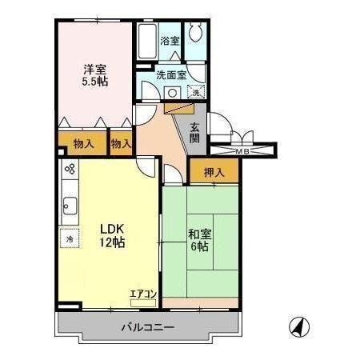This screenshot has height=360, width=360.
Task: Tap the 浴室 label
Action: point(170,41)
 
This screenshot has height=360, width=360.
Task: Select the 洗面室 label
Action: point(171,75)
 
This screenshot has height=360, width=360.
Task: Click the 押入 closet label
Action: point(213,171)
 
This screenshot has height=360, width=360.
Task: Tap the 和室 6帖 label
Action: point(199,240)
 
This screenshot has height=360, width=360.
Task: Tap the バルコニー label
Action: point(148,326)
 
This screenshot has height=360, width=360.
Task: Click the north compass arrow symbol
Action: point(297,326)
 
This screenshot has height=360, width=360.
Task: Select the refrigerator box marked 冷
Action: point(70,239)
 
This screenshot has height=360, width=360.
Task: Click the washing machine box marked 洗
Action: point(198,93)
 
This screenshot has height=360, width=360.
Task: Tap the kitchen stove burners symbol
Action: point(70,170)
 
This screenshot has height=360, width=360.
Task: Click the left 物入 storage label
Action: point(82,145)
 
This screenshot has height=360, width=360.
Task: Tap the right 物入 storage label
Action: point(122,145)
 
